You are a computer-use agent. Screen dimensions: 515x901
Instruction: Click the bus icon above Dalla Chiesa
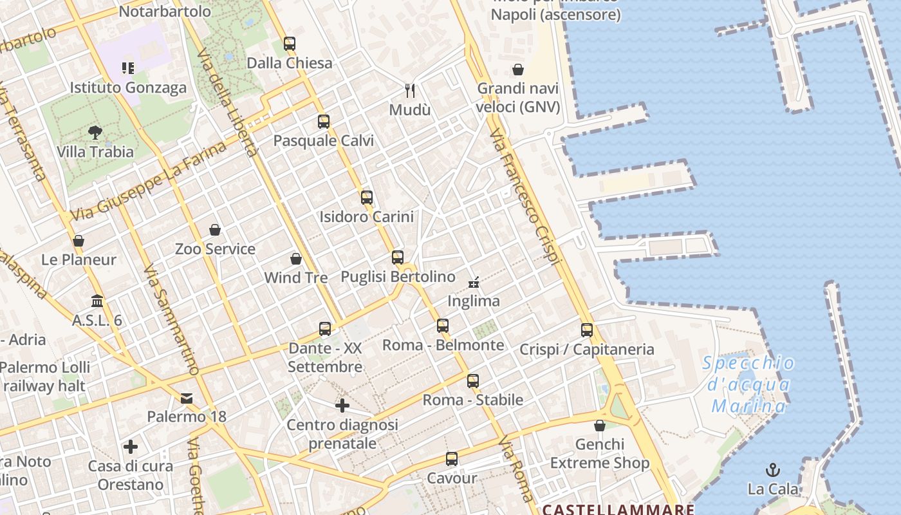tap(290, 44)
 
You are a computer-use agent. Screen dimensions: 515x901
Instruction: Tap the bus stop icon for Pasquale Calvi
tap(324, 121)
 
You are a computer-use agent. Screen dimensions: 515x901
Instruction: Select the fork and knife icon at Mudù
tap(410, 90)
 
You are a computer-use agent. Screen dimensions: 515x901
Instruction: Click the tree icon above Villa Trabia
tap(95, 133)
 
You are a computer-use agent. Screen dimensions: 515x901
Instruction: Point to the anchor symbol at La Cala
tap(772, 469)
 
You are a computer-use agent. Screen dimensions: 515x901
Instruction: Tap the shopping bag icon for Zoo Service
tap(215, 230)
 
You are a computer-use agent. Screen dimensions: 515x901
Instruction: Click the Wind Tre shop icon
tap(296, 259)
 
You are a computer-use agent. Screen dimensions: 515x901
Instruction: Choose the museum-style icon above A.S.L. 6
tap(97, 301)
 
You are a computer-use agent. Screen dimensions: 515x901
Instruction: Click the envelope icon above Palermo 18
tap(187, 398)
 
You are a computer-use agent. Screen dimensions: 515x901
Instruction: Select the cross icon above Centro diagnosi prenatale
tap(342, 406)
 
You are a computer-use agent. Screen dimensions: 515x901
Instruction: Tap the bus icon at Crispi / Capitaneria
tap(587, 330)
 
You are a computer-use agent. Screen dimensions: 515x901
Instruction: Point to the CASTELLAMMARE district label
tap(618, 510)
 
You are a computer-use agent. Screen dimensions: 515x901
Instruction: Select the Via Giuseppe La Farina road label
tap(149, 181)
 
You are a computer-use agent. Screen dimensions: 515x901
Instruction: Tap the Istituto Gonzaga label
tap(128, 88)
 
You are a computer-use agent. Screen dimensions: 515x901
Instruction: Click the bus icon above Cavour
tap(452, 459)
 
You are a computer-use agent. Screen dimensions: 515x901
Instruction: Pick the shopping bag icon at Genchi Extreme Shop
tap(600, 426)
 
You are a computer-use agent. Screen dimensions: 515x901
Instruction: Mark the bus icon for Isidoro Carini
tap(367, 198)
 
